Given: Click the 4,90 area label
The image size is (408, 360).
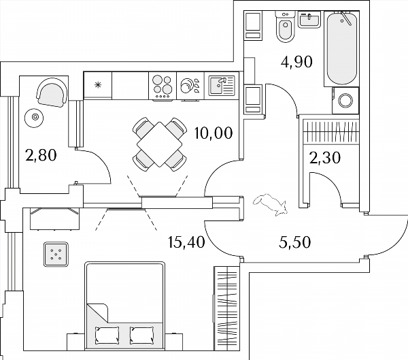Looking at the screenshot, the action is click(x=296, y=62).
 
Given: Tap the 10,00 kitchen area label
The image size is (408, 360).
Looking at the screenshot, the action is click(x=214, y=133).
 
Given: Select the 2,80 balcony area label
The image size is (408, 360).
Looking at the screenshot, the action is click(x=41, y=155).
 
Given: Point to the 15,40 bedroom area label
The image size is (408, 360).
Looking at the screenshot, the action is click(x=187, y=242).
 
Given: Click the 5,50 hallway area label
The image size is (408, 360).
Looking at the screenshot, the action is click(x=295, y=242).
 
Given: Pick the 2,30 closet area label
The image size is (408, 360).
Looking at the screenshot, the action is click(x=325, y=158).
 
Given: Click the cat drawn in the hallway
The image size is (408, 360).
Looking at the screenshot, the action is click(x=271, y=205).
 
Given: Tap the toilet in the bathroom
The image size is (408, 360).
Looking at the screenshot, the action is click(x=286, y=27).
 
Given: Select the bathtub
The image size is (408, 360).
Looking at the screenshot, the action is click(x=341, y=48).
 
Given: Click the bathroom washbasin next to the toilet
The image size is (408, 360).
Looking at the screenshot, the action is click(x=309, y=20).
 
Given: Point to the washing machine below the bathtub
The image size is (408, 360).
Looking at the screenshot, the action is click(x=345, y=101).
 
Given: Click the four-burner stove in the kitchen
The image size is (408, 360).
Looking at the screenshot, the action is click(x=163, y=86).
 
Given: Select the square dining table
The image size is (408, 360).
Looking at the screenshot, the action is click(x=160, y=144).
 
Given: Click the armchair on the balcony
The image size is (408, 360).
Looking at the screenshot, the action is click(x=52, y=93).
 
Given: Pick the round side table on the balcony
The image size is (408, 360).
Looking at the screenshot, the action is click(x=35, y=118).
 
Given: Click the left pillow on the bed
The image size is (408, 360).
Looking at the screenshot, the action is click(x=107, y=335).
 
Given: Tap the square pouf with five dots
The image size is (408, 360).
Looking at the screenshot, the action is click(x=56, y=255).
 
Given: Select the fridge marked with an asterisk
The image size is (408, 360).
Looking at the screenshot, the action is click(x=98, y=85).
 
